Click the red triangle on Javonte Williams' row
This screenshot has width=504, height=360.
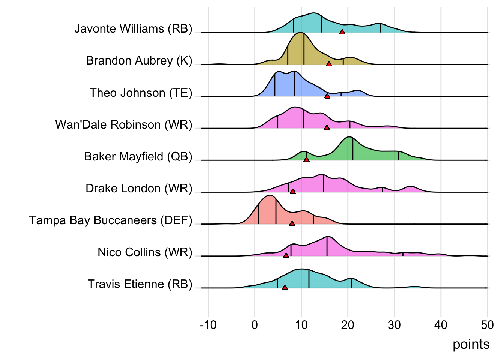[342, 32]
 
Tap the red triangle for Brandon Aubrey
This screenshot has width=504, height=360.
[329, 64]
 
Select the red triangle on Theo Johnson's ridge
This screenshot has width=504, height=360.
[327, 96]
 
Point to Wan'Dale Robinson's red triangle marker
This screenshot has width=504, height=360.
[327, 128]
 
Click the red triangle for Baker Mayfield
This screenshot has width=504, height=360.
[306, 160]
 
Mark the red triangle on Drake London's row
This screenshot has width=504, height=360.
[293, 192]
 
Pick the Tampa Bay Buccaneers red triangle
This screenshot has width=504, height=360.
[292, 223]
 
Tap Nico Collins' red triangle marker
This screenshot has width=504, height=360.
[286, 255]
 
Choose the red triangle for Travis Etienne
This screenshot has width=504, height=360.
[285, 287]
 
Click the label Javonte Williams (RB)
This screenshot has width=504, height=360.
[133, 29]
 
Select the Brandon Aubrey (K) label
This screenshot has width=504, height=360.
[139, 61]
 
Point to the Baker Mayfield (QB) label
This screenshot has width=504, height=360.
[138, 156]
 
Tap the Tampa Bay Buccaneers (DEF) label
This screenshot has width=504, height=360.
[111, 220]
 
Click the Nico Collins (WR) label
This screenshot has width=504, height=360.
[145, 252]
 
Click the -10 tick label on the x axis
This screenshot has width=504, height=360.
[208, 325]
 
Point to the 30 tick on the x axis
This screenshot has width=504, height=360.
[394, 325]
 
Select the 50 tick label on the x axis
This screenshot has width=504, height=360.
[487, 325]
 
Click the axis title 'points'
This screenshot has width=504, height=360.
[471, 344]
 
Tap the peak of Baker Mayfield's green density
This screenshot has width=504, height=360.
[349, 137]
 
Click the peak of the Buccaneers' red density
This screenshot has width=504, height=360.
[269, 195]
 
